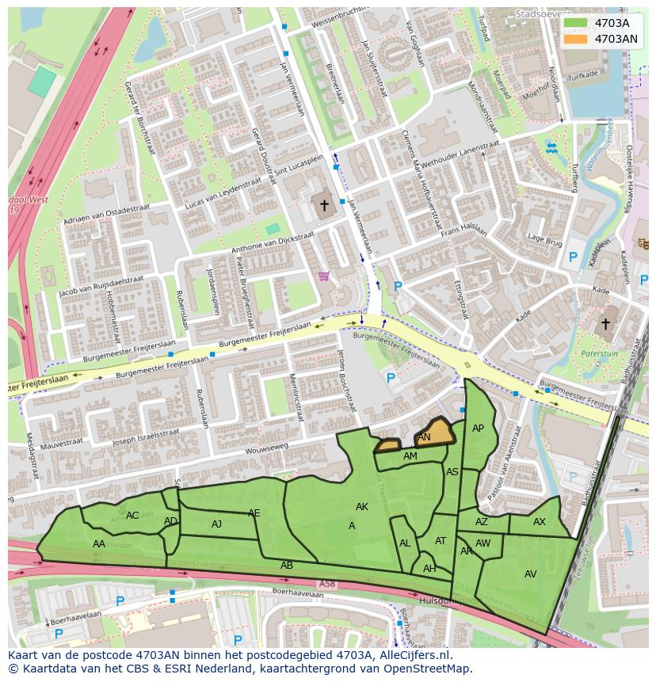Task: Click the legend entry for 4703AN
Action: (x=616, y=39)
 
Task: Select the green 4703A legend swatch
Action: (x=576, y=23)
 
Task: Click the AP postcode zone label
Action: (x=478, y=429)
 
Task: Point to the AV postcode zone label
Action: (x=530, y=574)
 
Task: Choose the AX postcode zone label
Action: (x=539, y=522)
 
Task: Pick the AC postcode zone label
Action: (x=132, y=516)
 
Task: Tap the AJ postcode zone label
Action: (x=216, y=524)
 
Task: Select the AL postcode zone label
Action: (x=405, y=543)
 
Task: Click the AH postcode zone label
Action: (x=429, y=569)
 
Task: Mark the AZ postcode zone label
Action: (x=482, y=522)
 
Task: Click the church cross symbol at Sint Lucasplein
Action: (x=323, y=206)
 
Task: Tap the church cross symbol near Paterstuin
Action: (x=606, y=324)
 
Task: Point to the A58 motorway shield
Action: (x=327, y=584)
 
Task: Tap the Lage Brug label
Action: (x=545, y=239)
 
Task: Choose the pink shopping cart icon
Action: (x=323, y=276)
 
